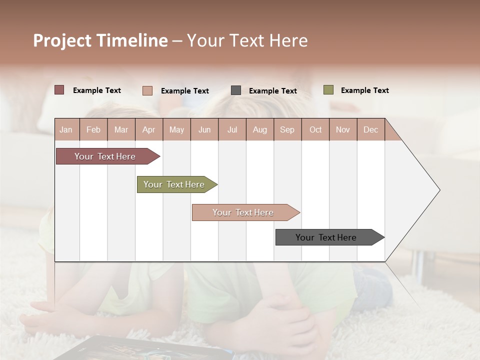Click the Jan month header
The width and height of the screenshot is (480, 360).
[66, 129]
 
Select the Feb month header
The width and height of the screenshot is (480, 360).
[93, 129]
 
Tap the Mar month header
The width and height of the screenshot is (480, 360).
[121, 129]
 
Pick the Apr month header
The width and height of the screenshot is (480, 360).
[149, 129]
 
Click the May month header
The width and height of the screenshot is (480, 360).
[176, 129]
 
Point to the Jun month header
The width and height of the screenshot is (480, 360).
[204, 129]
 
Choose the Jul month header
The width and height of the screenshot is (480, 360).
[232, 129]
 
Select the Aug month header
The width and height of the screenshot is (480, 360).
[260, 129]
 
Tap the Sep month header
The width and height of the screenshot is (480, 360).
[287, 129]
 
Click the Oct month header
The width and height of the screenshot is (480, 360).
[315, 129]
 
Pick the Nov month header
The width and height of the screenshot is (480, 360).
[343, 129]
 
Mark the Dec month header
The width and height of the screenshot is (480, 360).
[371, 129]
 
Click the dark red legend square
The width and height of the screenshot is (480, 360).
[59, 90]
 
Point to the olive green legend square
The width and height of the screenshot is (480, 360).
[328, 90]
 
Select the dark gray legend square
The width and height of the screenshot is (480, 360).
[236, 90]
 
